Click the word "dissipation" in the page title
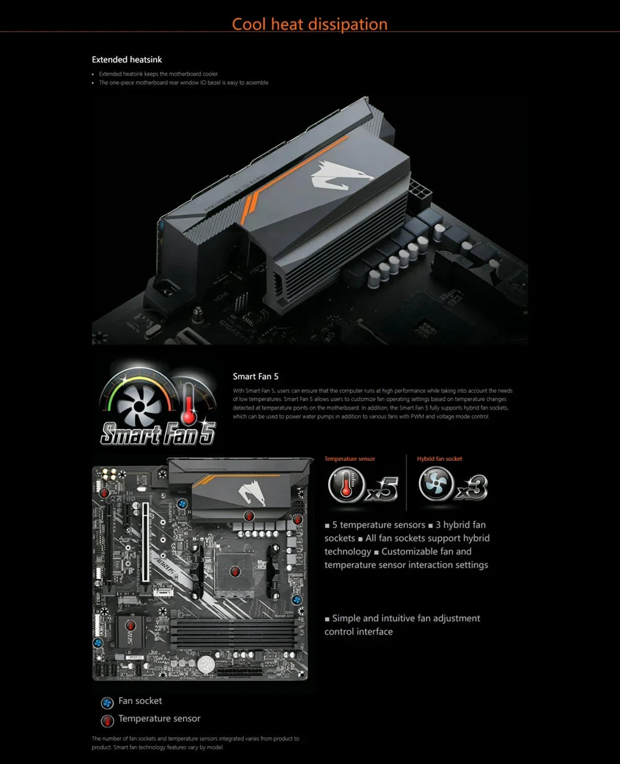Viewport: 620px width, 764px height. click(x=349, y=24)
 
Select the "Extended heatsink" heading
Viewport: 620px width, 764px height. click(x=127, y=59)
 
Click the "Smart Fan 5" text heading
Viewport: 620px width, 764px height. click(x=255, y=376)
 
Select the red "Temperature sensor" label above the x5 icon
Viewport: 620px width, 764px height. click(x=350, y=459)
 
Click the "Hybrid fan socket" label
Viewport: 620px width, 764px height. click(x=440, y=459)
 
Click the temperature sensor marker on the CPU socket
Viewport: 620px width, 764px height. click(x=234, y=571)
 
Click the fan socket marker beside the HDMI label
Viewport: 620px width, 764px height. click(x=183, y=504)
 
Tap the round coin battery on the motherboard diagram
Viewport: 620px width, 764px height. click(x=206, y=664)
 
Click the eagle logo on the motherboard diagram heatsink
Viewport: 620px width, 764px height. click(x=251, y=493)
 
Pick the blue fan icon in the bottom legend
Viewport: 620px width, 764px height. click(x=107, y=702)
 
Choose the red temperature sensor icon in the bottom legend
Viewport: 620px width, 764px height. click(x=107, y=720)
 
